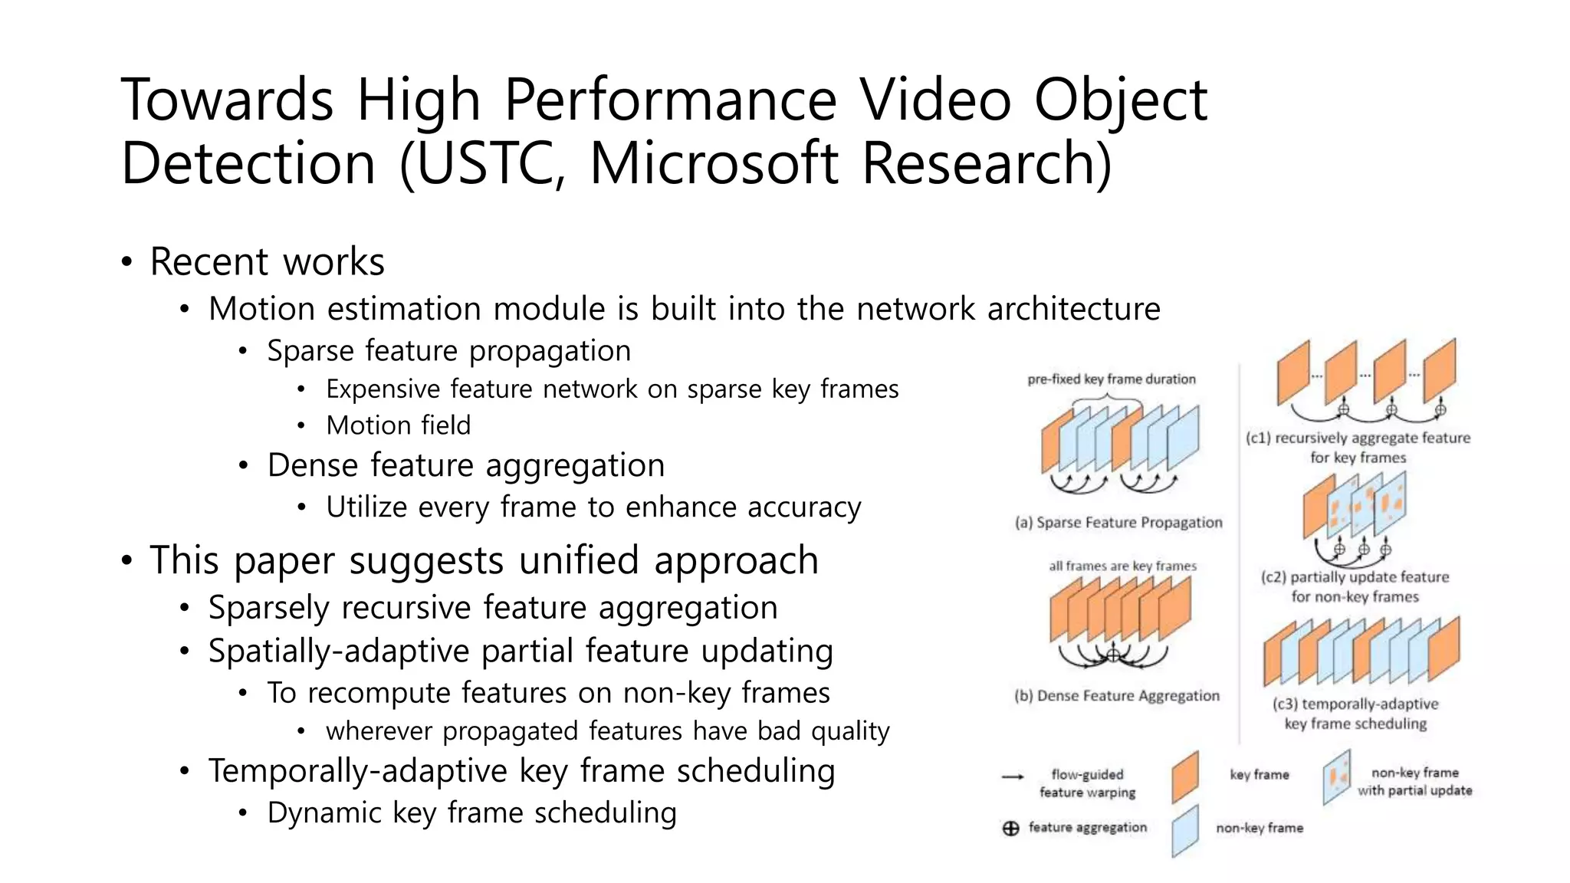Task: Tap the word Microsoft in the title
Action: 713,163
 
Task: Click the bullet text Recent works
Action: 267,261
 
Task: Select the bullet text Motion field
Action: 398,425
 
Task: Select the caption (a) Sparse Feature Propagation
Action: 1118,523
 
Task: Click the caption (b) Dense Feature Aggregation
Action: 1116,696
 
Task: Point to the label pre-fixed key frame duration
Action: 1111,379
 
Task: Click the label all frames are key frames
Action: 1122,566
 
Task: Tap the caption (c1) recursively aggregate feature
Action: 1358,438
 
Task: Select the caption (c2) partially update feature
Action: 1355,577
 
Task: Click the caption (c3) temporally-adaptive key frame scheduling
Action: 1355,714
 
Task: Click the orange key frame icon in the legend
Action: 1185,776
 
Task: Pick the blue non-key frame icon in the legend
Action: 1185,830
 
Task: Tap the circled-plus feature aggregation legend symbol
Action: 1011,829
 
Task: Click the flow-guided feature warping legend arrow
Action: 1013,777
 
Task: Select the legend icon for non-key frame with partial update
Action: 1336,777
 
